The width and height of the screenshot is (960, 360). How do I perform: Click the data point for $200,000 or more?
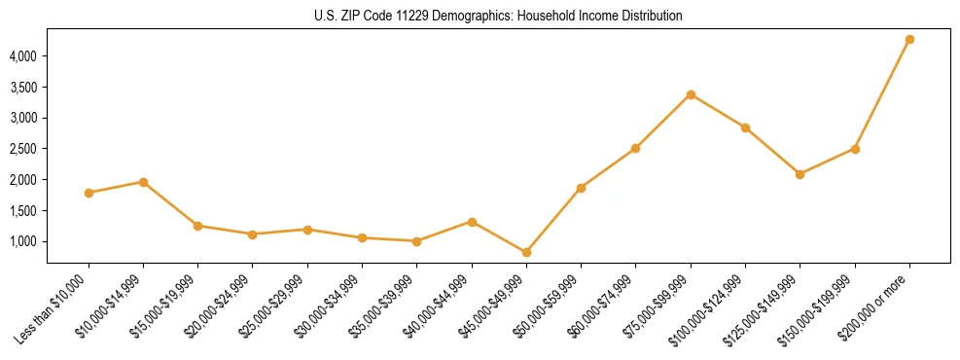coord(909,40)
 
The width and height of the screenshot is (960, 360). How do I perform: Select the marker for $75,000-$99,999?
coord(691,94)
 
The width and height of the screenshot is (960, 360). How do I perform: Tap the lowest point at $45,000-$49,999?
coord(526,252)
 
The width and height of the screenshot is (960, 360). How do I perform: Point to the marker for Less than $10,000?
coord(89,193)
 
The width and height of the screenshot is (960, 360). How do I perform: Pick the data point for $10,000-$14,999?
coord(143,182)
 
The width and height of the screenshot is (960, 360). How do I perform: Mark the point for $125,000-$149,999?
coord(800,174)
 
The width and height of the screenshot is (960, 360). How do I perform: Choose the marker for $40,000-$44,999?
coord(472,222)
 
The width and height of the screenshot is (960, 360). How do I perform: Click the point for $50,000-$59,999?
coord(581,188)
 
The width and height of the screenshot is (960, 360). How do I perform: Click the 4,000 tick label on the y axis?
coord(23,56)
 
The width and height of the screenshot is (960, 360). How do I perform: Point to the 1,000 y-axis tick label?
coord(23,241)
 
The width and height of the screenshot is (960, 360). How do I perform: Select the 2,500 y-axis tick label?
coord(23,149)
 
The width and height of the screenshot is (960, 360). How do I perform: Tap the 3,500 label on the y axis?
coord(23,88)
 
